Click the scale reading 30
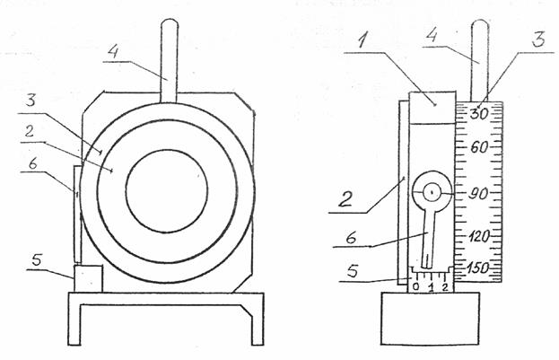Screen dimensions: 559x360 click(x=479, y=114)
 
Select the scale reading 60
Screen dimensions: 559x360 click(x=479, y=147)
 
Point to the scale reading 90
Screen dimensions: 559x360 click(x=477, y=190)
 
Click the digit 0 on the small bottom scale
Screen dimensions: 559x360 click(x=416, y=287)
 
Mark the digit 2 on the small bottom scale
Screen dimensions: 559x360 click(x=446, y=287)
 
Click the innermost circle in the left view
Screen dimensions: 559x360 click(x=167, y=190)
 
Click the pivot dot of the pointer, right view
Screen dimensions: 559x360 click(x=432, y=190)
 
